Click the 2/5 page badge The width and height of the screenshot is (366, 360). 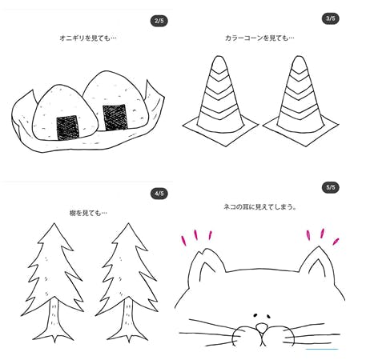[x=159, y=20]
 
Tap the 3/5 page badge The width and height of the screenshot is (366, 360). [x=330, y=18]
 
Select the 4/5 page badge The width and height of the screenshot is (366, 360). [x=159, y=194]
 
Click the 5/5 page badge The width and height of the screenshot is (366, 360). [x=330, y=188]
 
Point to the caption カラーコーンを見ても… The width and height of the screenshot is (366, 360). [x=259, y=38]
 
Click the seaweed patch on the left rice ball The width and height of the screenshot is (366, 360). [x=66, y=126]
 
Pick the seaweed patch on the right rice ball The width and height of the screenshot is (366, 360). [x=115, y=117]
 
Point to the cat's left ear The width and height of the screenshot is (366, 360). [x=206, y=264]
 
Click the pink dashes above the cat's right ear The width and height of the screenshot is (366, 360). [x=322, y=235]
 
